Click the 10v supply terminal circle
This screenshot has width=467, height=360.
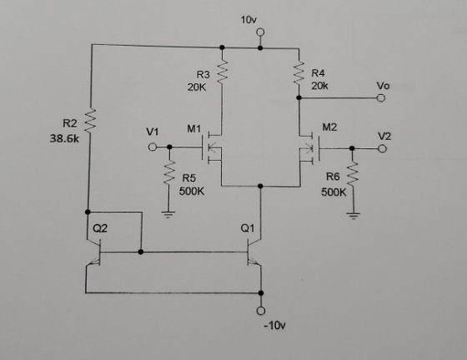click(x=260, y=32)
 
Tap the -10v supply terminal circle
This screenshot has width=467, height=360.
click(x=261, y=311)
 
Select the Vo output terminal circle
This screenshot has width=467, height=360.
click(x=381, y=97)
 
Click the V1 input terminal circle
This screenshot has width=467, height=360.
click(x=152, y=147)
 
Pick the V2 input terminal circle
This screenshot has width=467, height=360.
click(x=383, y=148)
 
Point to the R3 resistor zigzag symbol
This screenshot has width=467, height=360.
click(x=222, y=71)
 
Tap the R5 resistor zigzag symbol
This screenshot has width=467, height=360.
click(x=169, y=173)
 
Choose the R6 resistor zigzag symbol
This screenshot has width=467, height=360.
click(x=353, y=173)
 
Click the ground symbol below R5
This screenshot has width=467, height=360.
click(x=168, y=214)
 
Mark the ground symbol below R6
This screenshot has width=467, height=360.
click(x=354, y=216)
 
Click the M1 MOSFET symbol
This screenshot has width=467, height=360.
click(x=212, y=147)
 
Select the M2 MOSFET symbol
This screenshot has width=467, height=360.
click(x=309, y=148)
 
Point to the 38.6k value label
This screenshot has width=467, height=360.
click(x=64, y=138)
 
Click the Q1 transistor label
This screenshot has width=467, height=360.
click(x=248, y=228)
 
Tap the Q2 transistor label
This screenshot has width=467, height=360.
click(x=100, y=228)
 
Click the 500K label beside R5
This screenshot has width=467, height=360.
click(x=192, y=192)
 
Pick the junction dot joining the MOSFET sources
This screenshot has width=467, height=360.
click(x=260, y=186)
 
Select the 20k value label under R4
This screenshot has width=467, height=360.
click(x=319, y=86)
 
